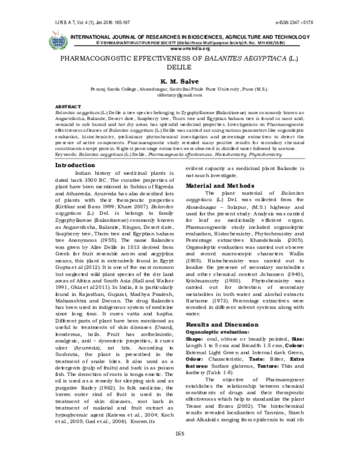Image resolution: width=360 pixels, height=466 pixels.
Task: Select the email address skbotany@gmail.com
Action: (x=179, y=95)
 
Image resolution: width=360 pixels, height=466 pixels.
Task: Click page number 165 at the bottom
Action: (x=179, y=450)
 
